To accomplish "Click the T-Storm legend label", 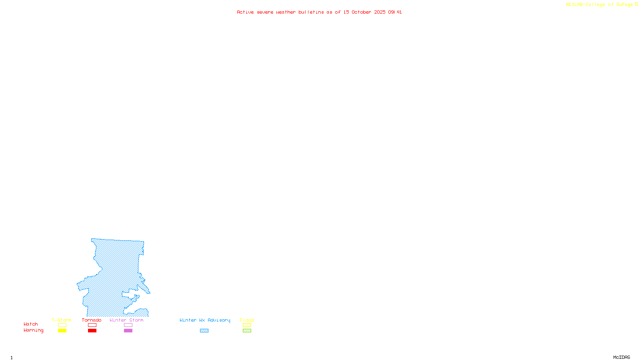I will [x=62, y=320].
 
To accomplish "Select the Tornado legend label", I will [x=92, y=320].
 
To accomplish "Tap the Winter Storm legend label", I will [x=126, y=320].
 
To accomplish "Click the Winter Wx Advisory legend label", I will [x=205, y=320].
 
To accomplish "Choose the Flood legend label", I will [x=247, y=320].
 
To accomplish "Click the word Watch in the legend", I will [x=31, y=324].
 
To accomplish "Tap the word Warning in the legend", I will [x=34, y=330].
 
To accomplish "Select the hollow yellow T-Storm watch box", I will [x=62, y=325].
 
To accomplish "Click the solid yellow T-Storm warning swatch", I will [x=62, y=331].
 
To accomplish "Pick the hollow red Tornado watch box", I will [x=92, y=325].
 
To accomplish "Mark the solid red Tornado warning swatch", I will [x=92, y=331].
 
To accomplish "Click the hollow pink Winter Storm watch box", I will [x=128, y=325].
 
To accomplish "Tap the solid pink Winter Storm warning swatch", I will [x=128, y=331].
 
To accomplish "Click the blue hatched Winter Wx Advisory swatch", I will [x=204, y=331].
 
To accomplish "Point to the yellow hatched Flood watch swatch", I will [x=247, y=325].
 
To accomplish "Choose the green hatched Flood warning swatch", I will [x=247, y=331].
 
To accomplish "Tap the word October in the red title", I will [x=361, y=12].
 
